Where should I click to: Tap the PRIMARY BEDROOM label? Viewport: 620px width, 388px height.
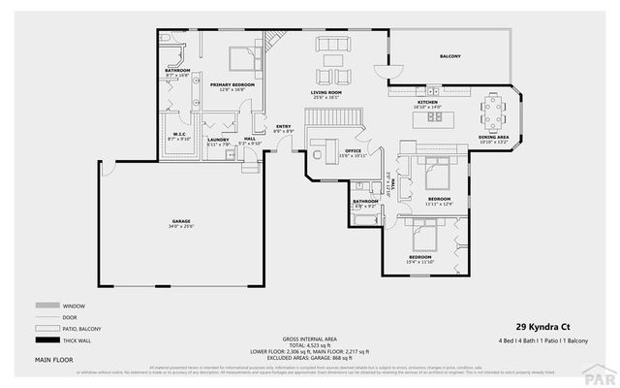click(232, 85)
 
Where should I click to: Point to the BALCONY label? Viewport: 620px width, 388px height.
click(450, 56)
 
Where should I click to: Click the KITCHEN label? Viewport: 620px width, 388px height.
click(428, 102)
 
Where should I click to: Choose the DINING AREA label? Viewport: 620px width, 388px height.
click(495, 137)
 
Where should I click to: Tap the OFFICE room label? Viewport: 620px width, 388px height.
click(353, 151)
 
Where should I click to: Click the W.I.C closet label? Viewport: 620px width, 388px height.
click(179, 134)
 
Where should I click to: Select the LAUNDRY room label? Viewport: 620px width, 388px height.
click(218, 140)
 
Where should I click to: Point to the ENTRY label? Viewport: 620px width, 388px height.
click(283, 127)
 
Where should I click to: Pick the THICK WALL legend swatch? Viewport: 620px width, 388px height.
click(47, 339)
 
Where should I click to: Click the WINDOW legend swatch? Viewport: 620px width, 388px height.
click(47, 305)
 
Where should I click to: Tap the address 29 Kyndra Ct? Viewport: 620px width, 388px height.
click(538, 327)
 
